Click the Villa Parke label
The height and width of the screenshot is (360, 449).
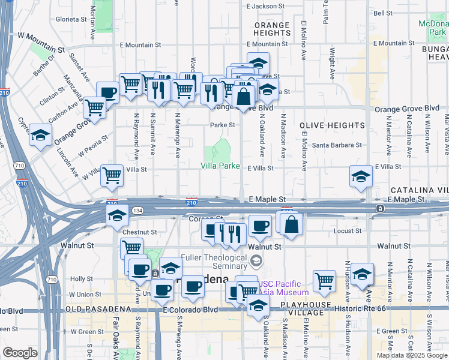(220, 166)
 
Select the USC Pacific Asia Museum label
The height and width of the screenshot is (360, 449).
(283, 289)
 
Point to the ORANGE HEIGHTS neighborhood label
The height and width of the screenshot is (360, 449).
(272, 29)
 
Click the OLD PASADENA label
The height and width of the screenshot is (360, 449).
(89, 310)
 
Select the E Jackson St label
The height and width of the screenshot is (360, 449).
(267, 7)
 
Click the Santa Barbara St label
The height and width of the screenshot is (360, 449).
(337, 145)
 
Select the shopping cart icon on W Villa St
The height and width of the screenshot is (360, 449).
(112, 175)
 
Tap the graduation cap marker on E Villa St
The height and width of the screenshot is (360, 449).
(361, 175)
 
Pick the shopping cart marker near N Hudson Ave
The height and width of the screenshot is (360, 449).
(324, 280)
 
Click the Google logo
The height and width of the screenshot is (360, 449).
(20, 353)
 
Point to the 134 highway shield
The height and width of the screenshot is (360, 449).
(138, 210)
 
